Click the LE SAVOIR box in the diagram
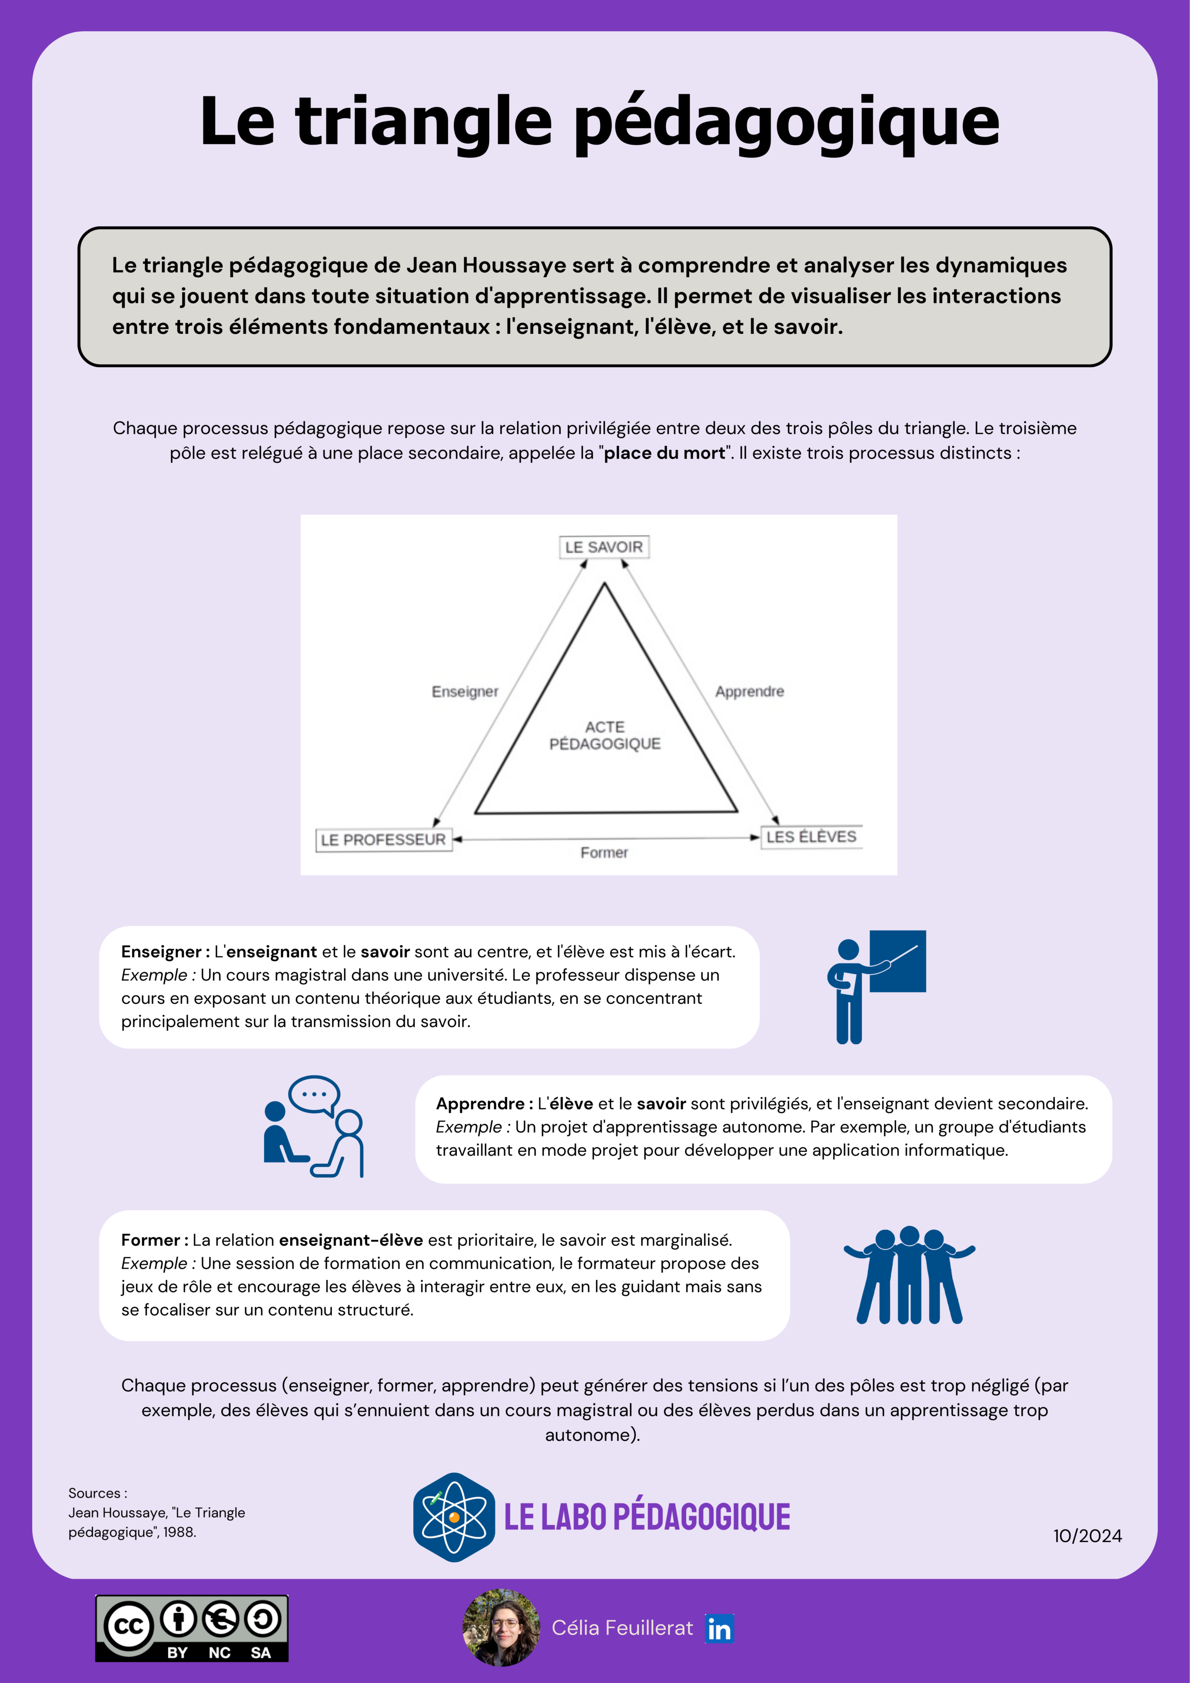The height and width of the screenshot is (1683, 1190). point(603,547)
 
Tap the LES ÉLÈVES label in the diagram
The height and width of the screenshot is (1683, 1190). point(811,836)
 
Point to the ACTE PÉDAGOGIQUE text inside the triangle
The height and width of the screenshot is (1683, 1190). point(605,735)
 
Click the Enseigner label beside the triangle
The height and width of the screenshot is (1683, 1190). point(465,691)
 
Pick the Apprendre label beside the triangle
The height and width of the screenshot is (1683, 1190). point(749,691)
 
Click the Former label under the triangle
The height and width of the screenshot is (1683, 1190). point(604,852)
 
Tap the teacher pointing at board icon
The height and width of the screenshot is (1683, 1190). point(876,985)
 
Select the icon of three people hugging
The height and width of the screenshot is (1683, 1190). point(909,1275)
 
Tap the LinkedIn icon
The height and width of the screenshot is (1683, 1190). point(719,1628)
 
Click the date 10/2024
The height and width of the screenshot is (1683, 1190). point(1087,1536)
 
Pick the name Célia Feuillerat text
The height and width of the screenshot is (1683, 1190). point(622,1628)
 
